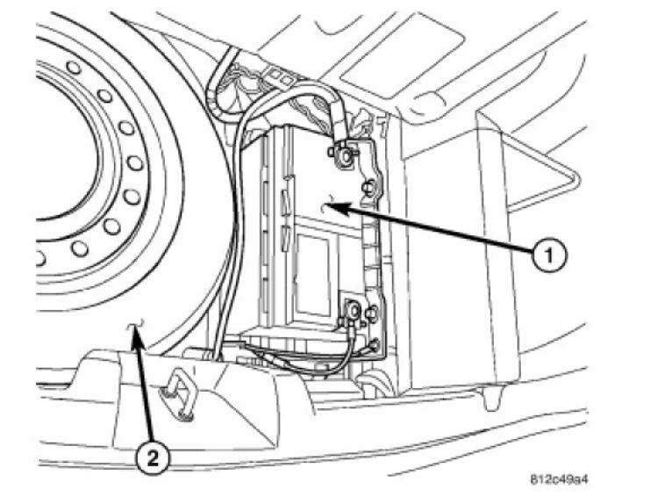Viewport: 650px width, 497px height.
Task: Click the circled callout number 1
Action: pyautogui.click(x=548, y=256)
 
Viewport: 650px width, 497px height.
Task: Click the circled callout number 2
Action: pyautogui.click(x=151, y=457)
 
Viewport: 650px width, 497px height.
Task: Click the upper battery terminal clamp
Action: pyautogui.click(x=341, y=155)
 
